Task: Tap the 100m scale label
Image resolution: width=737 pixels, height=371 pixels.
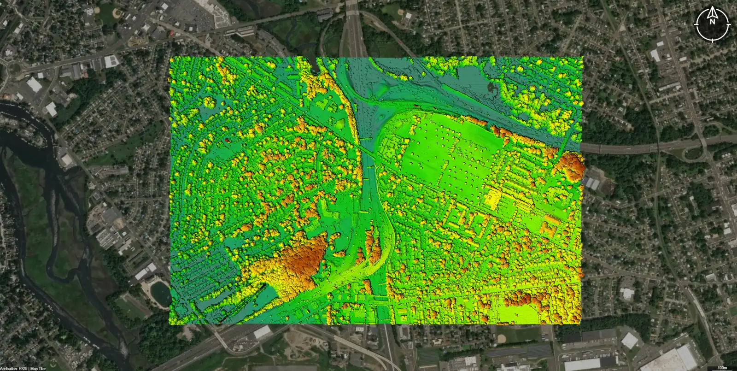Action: [x=722, y=367]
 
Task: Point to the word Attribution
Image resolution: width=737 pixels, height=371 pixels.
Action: [x=9, y=369]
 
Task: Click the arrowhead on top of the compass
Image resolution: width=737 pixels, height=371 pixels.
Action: [x=713, y=10]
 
